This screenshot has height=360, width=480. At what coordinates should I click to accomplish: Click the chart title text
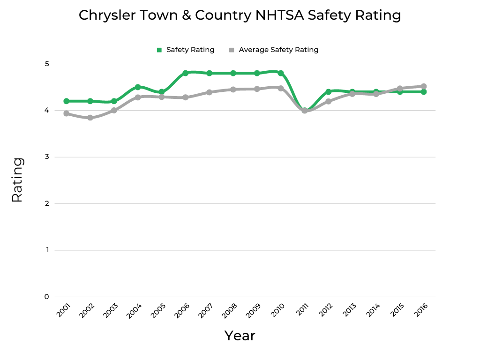[x=240, y=15]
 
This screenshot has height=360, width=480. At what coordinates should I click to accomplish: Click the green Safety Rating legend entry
[x=186, y=50]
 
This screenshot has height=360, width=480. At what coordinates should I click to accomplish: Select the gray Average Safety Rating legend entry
[x=274, y=50]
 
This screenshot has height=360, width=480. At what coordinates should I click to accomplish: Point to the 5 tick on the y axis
[x=47, y=64]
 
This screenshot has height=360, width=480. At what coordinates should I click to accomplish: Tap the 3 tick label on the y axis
[x=47, y=157]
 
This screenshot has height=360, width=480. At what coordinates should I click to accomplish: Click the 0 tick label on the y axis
[x=47, y=297]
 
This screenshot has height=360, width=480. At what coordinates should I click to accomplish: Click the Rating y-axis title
[x=17, y=180]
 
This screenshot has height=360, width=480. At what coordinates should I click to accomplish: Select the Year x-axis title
[x=240, y=336]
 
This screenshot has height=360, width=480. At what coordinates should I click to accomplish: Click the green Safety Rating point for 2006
[x=186, y=73]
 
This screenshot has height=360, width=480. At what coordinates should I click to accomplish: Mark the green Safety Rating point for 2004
[x=138, y=87]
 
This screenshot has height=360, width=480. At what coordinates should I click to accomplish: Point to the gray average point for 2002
[x=90, y=118]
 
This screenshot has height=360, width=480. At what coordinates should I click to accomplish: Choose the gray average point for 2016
[x=424, y=86]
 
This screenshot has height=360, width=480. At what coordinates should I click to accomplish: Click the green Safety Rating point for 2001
[x=67, y=101]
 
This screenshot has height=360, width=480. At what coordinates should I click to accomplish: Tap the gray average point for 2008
[x=233, y=90]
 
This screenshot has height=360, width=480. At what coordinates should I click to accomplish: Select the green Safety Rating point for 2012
[x=329, y=92]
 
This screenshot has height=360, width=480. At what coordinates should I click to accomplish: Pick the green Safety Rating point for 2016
[x=424, y=92]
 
